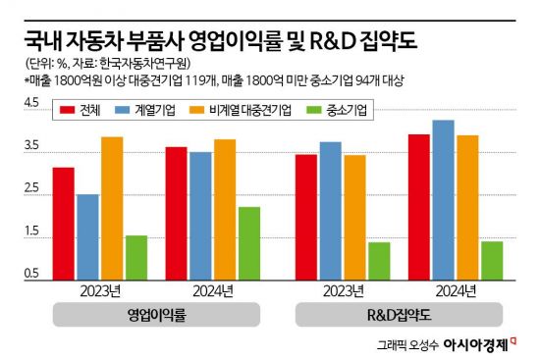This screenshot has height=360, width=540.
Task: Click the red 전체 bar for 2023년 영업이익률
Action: pyautogui.click(x=63, y=223)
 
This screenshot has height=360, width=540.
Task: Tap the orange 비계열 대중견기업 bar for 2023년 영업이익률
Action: pyautogui.click(x=112, y=207)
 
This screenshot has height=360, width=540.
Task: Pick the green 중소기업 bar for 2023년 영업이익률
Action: pyautogui.click(x=136, y=257)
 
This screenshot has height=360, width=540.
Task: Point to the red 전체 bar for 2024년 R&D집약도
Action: pyautogui.click(x=419, y=206)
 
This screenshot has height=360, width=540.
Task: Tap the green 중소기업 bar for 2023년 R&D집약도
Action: pyautogui.click(x=379, y=260)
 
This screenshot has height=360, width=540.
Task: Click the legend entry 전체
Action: pyautogui.click(x=81, y=111)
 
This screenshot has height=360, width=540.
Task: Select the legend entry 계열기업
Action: pyautogui.click(x=146, y=111)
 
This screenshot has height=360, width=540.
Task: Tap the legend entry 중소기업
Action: pyautogui.click(x=334, y=111)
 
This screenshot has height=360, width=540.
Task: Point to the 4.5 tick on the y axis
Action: pyautogui.click(x=30, y=103)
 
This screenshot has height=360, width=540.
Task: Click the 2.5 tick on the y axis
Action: pyautogui.click(x=30, y=188)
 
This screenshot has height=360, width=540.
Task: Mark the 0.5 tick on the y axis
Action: pyautogui.click(x=30, y=274)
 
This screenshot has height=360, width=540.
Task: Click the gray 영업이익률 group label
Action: pyautogui.click(x=157, y=315)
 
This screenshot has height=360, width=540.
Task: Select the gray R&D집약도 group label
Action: pyautogui.click(x=399, y=315)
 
